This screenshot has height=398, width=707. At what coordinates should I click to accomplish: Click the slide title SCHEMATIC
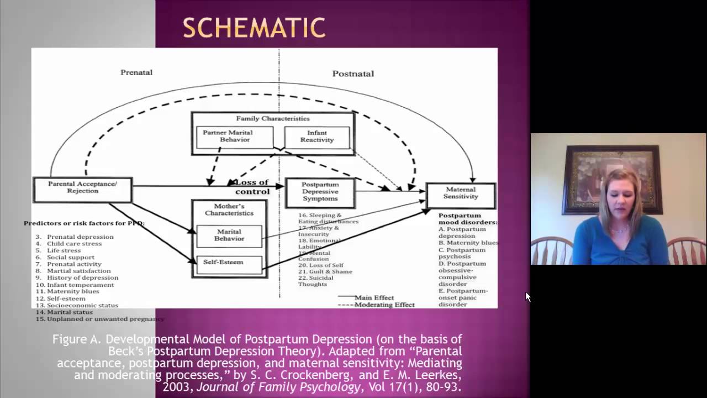tap(254, 28)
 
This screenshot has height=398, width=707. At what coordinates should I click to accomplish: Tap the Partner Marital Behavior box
tap(235, 137)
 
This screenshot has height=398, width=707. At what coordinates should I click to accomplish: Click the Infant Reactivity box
tap(317, 137)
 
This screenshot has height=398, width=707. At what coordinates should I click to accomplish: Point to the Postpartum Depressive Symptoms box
tap(320, 192)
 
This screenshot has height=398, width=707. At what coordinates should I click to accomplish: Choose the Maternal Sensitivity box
tap(460, 193)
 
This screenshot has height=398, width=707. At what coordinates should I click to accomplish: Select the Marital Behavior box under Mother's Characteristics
tap(229, 235)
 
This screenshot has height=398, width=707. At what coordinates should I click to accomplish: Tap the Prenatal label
tap(136, 72)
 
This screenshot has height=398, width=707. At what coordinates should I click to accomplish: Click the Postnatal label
tap(353, 74)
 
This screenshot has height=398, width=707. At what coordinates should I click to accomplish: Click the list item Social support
tap(70, 257)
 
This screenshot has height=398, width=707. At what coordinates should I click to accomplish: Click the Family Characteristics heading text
tap(273, 118)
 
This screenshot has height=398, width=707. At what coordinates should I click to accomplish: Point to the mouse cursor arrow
tap(527, 296)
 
